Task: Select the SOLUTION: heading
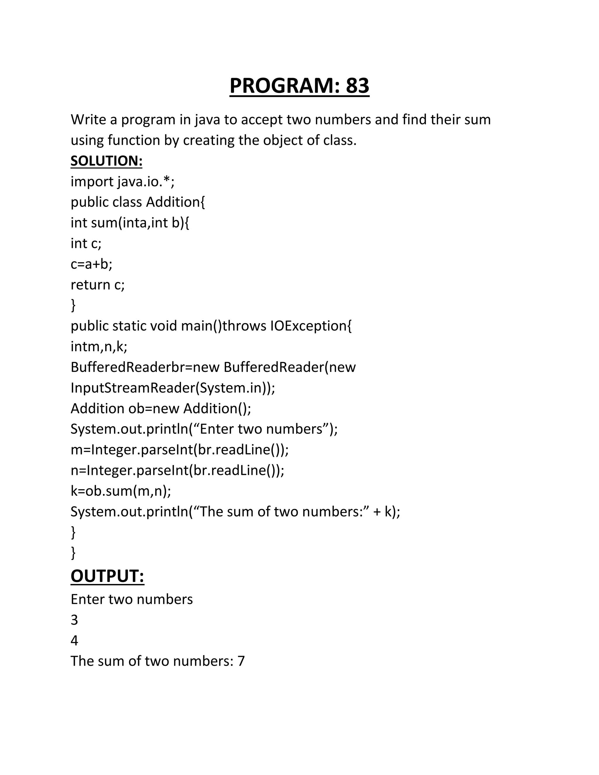coord(106,161)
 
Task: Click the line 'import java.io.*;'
coord(123,182)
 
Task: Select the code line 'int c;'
coord(86,243)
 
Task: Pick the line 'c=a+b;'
coord(91,264)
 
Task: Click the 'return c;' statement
coord(98,285)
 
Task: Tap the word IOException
coord(311,326)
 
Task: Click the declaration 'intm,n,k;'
coord(99,346)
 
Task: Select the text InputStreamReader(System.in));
coord(173,387)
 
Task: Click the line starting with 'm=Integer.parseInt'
coord(180,449)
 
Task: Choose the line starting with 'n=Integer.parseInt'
coord(178,470)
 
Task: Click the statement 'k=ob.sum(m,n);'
coord(121,491)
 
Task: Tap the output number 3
coord(74,620)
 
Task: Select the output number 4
coord(74,640)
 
